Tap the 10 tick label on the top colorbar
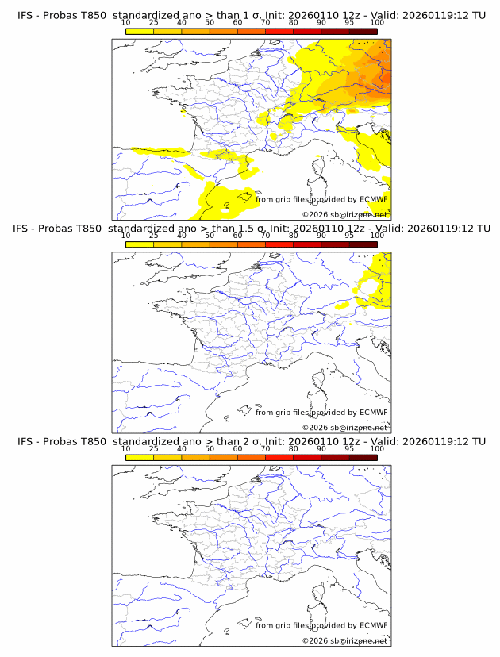click(x=126, y=23)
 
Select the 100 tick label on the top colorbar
click(x=377, y=23)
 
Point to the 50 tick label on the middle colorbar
click(x=210, y=236)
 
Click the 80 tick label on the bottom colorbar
click(x=294, y=448)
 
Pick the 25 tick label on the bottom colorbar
click(x=154, y=448)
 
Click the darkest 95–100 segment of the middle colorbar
click(x=363, y=244)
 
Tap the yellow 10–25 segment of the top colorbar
click(x=140, y=32)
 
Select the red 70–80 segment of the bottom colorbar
click(x=279, y=457)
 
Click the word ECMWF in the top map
click(x=374, y=200)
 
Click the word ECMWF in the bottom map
click(x=374, y=625)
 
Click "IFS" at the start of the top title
click(x=25, y=16)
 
